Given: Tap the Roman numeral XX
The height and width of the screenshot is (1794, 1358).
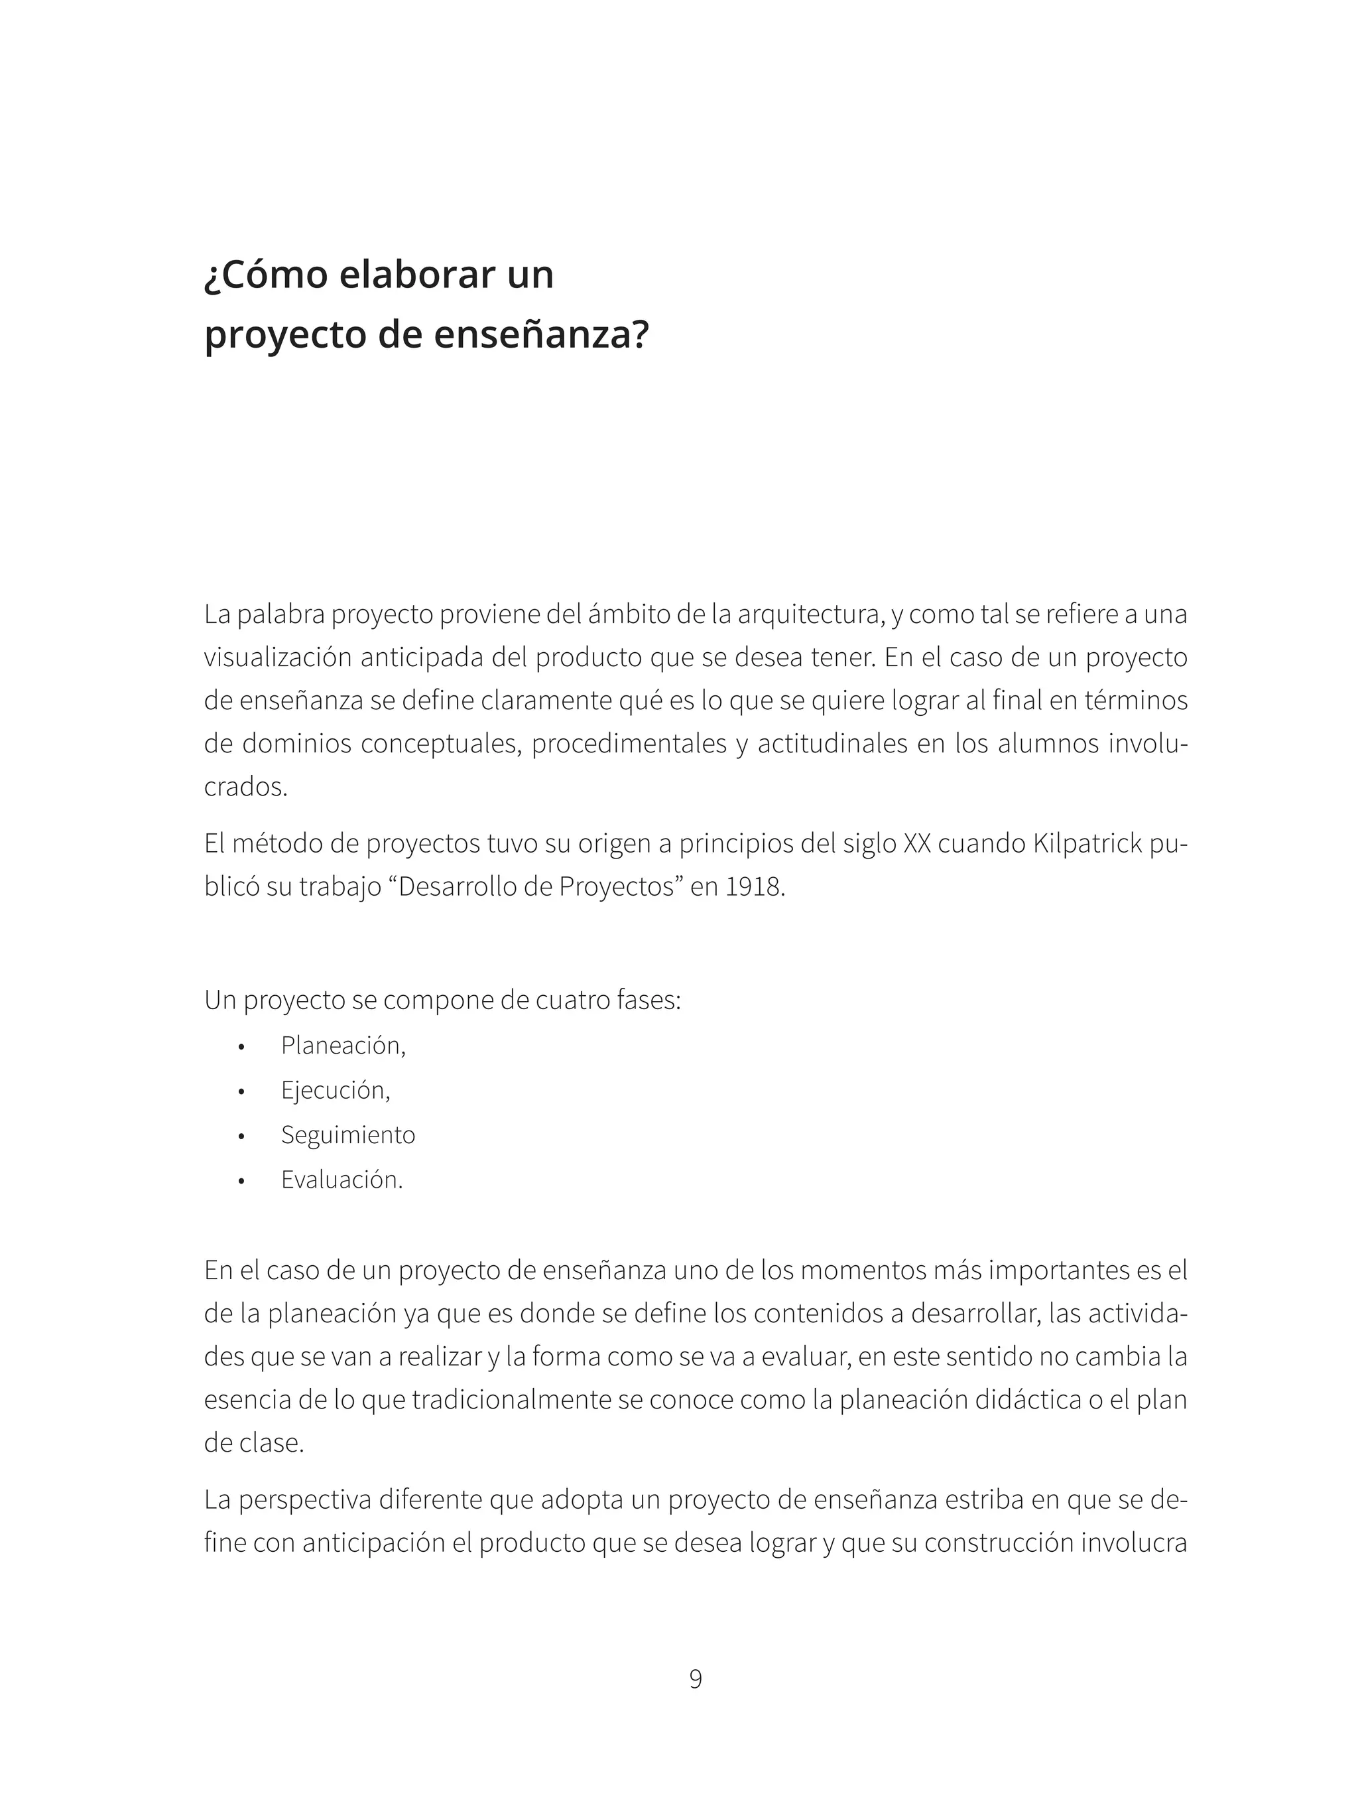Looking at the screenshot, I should (x=917, y=845).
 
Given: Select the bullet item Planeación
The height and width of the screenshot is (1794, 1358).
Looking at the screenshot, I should (x=343, y=1046).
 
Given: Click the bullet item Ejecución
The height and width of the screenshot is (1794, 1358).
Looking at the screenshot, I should (x=335, y=1090).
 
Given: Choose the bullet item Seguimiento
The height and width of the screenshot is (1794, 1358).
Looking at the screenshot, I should (x=348, y=1135).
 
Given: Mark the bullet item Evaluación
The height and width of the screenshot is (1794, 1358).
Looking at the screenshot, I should (x=341, y=1179).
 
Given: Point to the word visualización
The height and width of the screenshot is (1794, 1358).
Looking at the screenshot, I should (x=277, y=657).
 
